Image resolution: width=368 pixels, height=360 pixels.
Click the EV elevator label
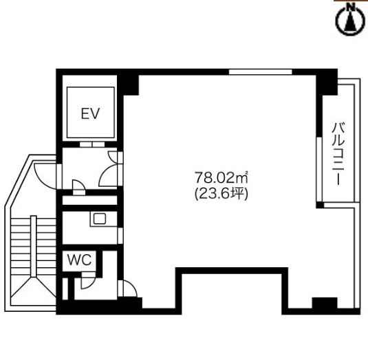click(90, 113)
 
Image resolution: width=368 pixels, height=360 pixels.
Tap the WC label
click(79, 260)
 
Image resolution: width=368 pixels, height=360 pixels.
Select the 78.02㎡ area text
click(221, 177)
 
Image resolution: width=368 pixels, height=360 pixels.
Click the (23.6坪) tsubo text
click(221, 194)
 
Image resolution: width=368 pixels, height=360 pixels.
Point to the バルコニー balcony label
click(338, 154)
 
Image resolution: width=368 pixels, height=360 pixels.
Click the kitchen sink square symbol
click(100, 219)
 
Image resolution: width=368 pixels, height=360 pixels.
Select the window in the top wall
click(260, 71)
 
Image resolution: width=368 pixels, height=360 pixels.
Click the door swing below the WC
click(89, 280)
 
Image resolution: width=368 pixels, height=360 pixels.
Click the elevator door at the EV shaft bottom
click(91, 144)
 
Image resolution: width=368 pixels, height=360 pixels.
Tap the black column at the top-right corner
click(327, 82)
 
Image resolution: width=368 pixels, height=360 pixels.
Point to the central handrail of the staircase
click(34, 246)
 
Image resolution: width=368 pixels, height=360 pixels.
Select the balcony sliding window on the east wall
click(319, 169)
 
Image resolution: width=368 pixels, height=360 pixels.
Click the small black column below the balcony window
click(320, 205)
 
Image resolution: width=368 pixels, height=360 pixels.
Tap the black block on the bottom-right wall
click(325, 304)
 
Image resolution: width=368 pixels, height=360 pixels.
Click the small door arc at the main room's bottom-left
click(128, 289)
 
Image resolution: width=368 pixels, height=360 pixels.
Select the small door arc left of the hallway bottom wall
click(79, 187)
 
